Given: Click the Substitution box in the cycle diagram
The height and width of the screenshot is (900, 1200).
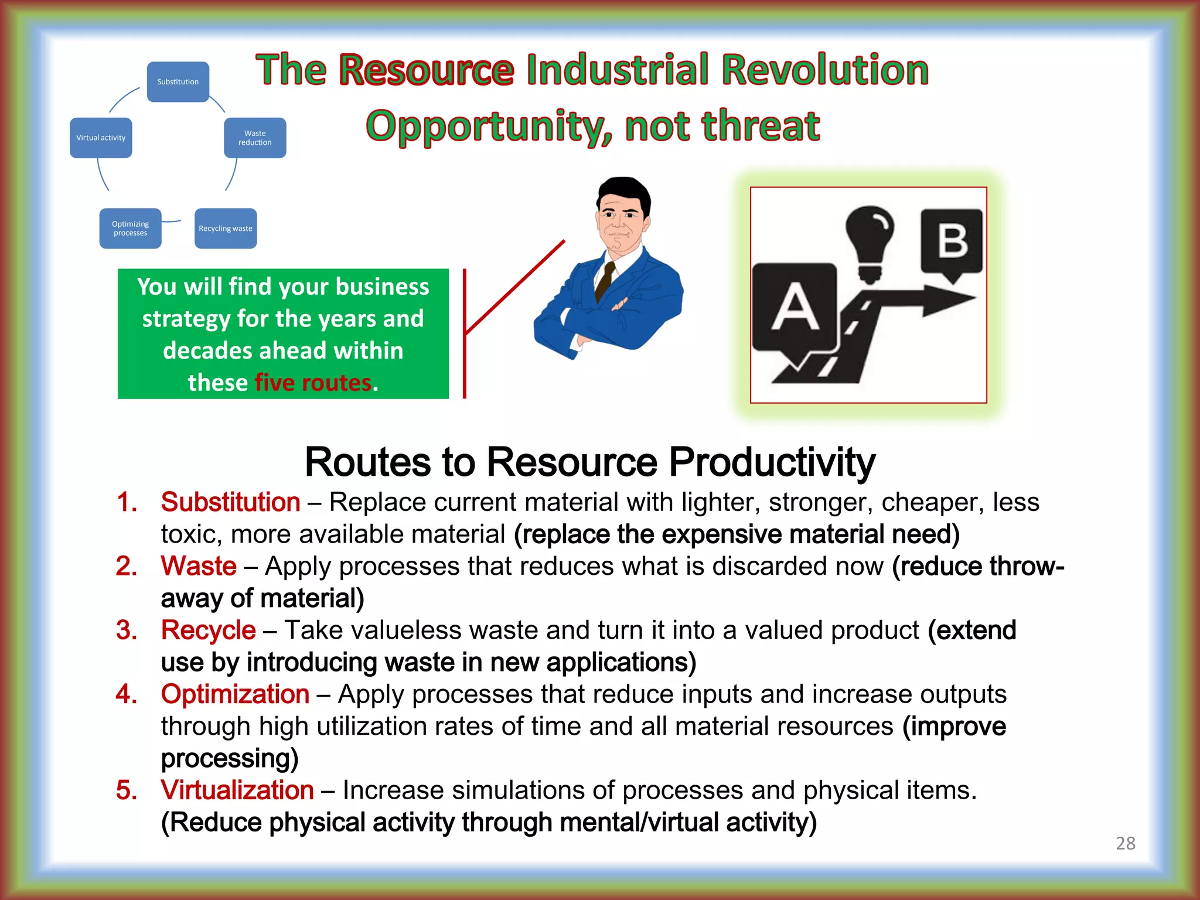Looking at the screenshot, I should click(x=178, y=82).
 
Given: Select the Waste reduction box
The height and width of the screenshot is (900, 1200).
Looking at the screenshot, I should click(x=255, y=138).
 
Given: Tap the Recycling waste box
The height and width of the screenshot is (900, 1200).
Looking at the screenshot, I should click(x=226, y=229).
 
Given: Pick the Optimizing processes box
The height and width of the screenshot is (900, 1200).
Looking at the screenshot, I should click(x=130, y=229).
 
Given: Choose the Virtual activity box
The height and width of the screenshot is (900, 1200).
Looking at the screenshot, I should click(x=101, y=138).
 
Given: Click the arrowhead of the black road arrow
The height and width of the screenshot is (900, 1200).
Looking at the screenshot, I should click(x=949, y=299).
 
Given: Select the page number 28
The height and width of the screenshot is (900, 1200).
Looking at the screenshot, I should click(x=1125, y=843).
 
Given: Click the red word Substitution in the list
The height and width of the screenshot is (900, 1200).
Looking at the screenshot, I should click(x=230, y=502).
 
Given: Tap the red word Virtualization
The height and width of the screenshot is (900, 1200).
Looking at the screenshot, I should click(x=237, y=790).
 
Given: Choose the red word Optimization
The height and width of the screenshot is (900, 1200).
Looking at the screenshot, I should click(x=235, y=694).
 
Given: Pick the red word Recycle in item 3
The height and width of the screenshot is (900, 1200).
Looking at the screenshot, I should click(x=208, y=630).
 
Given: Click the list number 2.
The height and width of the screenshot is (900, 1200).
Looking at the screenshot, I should click(x=127, y=567).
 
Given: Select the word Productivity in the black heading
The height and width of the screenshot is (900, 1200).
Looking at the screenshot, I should click(x=772, y=462).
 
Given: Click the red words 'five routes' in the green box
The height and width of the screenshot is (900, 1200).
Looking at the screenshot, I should click(x=313, y=383).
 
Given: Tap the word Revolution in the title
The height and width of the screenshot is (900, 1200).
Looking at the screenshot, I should click(x=825, y=70).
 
